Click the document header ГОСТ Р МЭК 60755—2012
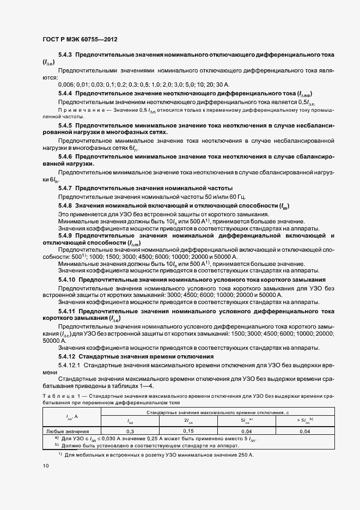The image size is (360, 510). pyautogui.click(x=80, y=40)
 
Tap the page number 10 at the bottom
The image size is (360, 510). pyautogui.click(x=46, y=466)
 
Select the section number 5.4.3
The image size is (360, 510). pyautogui.click(x=65, y=55)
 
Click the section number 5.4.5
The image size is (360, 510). pyautogui.click(x=65, y=125)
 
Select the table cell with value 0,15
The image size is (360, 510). pyautogui.click(x=188, y=430)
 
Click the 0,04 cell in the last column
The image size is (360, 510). pyautogui.click(x=304, y=430)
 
